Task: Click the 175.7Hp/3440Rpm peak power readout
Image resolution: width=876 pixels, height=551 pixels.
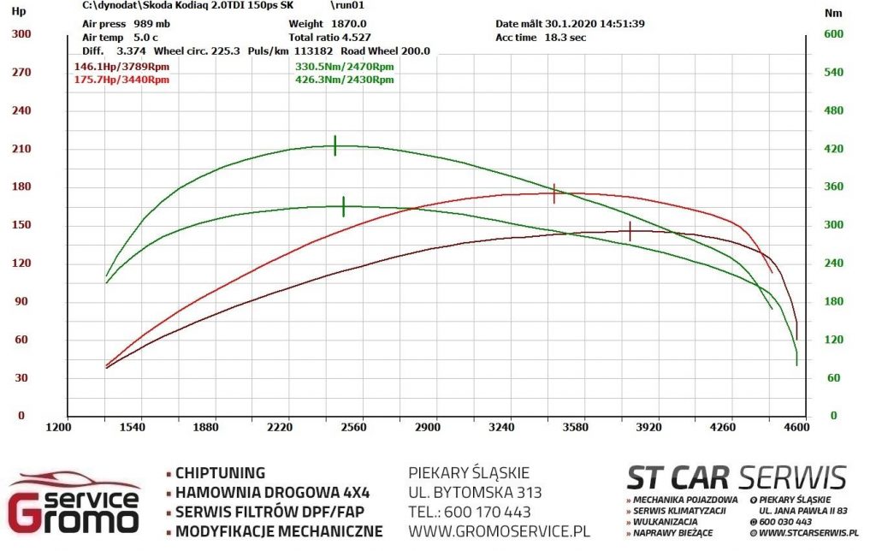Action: (x=121, y=80)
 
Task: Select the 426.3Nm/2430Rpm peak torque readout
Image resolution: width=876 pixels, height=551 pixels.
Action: (x=344, y=80)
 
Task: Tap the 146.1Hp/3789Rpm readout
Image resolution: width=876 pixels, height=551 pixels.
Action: (x=121, y=67)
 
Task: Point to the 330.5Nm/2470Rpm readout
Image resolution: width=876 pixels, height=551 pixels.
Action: (x=344, y=67)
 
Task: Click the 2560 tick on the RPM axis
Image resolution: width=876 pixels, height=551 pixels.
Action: (x=353, y=428)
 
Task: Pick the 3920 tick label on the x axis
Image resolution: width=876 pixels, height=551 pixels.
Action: (x=648, y=428)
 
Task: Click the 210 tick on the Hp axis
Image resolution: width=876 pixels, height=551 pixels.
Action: (x=21, y=149)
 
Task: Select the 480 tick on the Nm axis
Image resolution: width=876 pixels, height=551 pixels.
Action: (x=833, y=110)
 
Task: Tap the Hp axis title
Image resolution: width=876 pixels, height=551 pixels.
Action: (x=19, y=11)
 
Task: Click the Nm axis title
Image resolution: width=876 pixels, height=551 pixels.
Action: (x=833, y=14)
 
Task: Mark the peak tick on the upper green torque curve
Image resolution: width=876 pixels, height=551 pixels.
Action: (x=335, y=145)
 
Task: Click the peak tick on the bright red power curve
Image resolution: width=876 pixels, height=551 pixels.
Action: (x=554, y=193)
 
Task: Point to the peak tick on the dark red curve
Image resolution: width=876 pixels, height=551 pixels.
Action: (x=630, y=231)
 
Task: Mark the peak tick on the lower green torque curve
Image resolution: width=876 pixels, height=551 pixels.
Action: (x=344, y=207)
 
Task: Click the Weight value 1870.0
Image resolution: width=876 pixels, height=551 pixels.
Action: (x=349, y=24)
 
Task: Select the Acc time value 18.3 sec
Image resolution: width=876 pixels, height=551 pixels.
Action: (x=565, y=38)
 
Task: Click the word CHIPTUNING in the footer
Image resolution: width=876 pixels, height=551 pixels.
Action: (x=220, y=473)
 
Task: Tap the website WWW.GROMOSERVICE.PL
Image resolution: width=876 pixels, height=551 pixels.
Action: (x=499, y=530)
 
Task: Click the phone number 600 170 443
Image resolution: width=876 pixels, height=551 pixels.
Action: (x=487, y=512)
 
